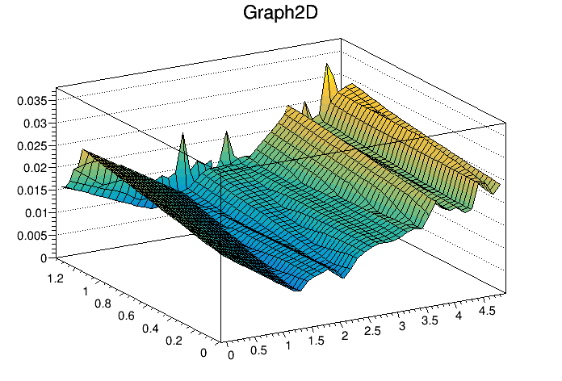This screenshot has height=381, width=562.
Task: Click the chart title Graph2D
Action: (280, 14)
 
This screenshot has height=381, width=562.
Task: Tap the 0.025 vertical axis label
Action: (33, 146)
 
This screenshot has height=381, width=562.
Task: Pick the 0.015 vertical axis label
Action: (33, 190)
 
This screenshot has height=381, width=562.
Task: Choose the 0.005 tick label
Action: (33, 236)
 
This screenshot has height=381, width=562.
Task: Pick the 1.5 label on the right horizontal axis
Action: (318, 340)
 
